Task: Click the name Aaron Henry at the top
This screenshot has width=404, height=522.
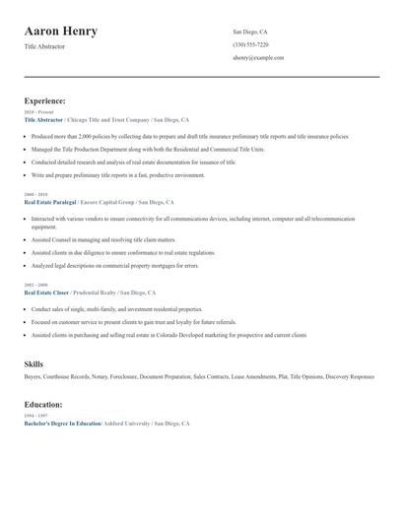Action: click(61, 32)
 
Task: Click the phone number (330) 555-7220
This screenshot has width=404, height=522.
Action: click(250, 44)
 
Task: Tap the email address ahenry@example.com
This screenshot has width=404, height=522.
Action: click(258, 58)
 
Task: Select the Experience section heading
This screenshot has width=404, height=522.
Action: click(45, 100)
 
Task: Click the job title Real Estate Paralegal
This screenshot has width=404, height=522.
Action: click(49, 202)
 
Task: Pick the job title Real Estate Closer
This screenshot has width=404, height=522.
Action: click(46, 293)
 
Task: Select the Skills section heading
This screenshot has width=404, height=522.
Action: click(34, 364)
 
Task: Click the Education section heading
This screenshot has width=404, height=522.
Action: click(43, 404)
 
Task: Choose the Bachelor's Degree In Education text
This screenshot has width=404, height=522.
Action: click(62, 423)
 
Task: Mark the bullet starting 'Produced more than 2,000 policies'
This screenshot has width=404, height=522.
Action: click(187, 138)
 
